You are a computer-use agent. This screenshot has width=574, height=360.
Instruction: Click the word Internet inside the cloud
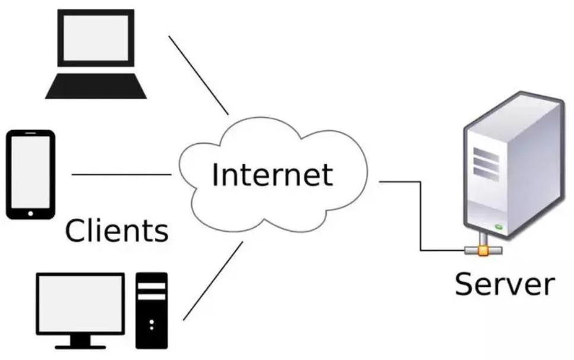(x=272, y=175)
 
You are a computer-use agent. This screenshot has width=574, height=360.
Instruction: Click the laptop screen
(x=96, y=38)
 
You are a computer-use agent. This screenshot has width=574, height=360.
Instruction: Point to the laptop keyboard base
(x=96, y=87)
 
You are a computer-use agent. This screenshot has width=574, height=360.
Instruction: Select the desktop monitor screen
(x=80, y=303)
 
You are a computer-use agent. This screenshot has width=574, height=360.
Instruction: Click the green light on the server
(x=498, y=226)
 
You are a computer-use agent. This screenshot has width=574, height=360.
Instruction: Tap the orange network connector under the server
(x=483, y=250)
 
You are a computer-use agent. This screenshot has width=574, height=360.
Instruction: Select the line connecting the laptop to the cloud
(x=198, y=75)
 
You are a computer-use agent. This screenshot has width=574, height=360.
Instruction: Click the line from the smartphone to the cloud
(x=121, y=175)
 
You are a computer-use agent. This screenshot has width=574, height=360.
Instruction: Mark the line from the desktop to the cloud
(x=213, y=280)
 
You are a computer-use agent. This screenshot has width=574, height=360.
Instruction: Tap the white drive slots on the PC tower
(x=152, y=289)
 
